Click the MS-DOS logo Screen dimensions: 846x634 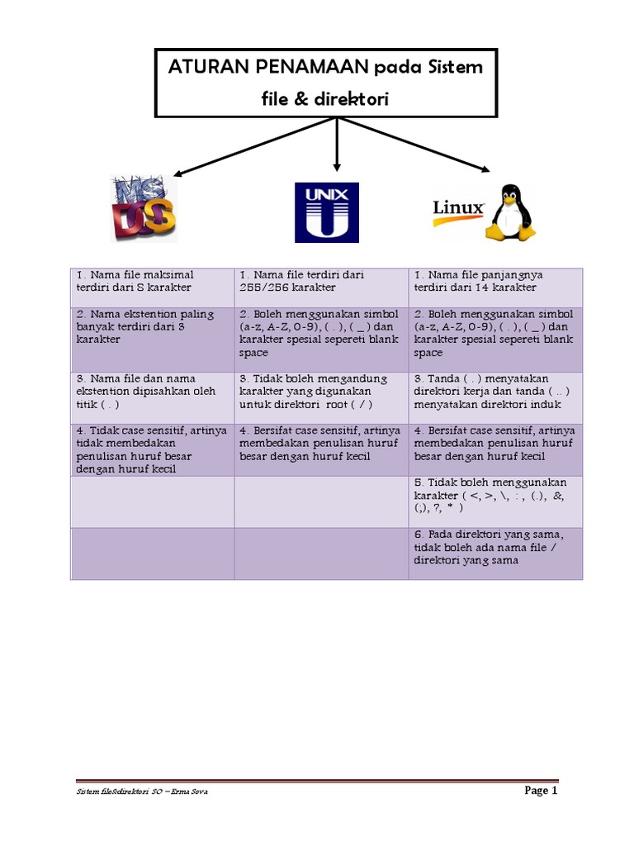click(x=144, y=208)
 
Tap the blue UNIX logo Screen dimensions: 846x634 click(x=327, y=212)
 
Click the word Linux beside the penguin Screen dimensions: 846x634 click(x=458, y=207)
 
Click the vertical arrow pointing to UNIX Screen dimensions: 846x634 click(x=336, y=145)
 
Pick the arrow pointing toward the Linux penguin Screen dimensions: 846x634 click(x=421, y=146)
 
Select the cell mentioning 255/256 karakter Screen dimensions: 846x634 click(x=320, y=281)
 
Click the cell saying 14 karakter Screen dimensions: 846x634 click(x=495, y=281)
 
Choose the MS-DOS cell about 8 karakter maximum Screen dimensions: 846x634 click(x=153, y=281)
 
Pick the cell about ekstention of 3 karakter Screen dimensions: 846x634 click(x=153, y=326)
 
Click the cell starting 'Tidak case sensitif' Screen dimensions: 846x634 click(x=153, y=449)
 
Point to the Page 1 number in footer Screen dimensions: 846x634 click(x=542, y=791)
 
